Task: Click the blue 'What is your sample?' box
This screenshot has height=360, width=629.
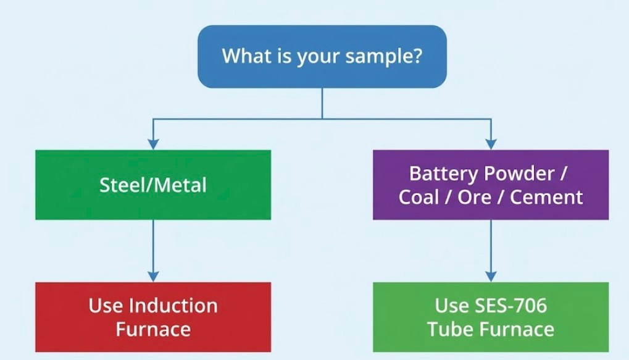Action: (322, 56)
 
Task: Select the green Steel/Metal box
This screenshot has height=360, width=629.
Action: (153, 185)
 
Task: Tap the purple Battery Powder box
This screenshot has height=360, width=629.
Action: (491, 185)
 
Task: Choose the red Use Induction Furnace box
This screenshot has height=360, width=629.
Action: (153, 317)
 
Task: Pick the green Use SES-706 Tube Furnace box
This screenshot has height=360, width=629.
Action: (491, 317)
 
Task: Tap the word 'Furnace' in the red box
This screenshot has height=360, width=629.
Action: (153, 329)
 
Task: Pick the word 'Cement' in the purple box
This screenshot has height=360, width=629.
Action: (548, 197)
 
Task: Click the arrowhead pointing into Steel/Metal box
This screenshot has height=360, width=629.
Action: (153, 144)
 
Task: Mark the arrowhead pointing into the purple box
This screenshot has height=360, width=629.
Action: (491, 144)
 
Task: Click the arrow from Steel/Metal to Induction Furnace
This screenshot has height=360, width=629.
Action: (153, 250)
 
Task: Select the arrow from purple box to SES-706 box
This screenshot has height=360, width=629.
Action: (491, 250)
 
